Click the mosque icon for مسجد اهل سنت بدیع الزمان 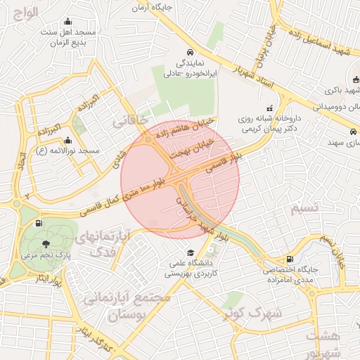pyautogui.click(x=67, y=21)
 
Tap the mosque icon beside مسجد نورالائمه pyautogui.click(x=67, y=140)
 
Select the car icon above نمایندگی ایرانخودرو pyautogui.click(x=191, y=52)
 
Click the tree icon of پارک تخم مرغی pyautogui.click(x=46, y=244)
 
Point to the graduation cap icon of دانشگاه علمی pyautogui.click(x=189, y=253)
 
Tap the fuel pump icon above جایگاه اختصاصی pyautogui.click(x=290, y=259)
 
